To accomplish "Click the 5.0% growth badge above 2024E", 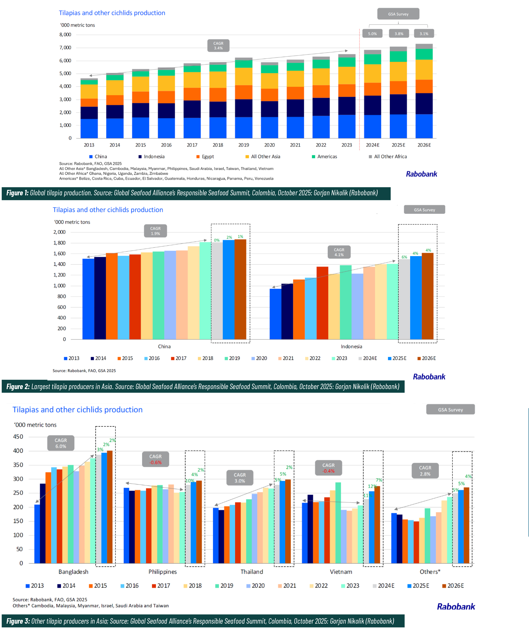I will click(x=372, y=34).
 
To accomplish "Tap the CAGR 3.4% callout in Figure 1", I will click(x=218, y=46).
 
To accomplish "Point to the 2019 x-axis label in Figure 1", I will click(x=244, y=145).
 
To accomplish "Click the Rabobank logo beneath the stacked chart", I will click(x=421, y=174).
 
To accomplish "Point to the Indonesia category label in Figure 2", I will click(x=351, y=347).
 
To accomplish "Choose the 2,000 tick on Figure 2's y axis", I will click(x=59, y=232).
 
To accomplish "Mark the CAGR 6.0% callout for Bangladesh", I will click(x=61, y=443).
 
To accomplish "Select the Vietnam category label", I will click(x=341, y=572).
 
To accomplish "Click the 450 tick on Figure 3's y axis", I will click(x=18, y=437).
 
